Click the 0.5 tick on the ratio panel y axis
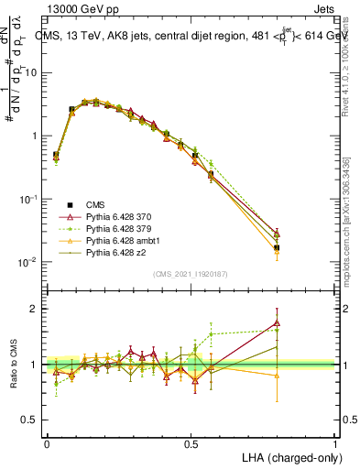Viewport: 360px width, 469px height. (28, 420)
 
